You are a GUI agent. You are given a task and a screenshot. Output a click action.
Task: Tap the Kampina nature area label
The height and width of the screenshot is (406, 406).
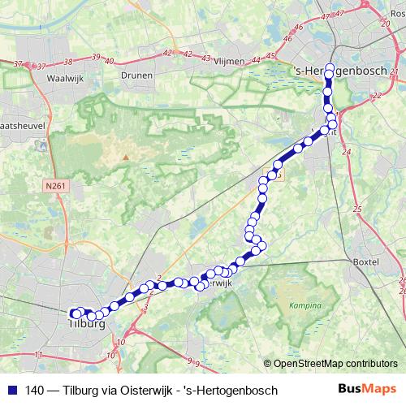(x=304, y=307)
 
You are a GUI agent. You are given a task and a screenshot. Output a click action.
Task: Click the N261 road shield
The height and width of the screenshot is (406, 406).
(x=54, y=185)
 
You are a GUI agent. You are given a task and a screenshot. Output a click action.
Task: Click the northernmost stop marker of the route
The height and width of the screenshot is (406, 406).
(x=330, y=68)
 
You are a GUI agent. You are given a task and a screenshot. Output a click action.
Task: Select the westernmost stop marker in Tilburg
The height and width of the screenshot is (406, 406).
(x=73, y=313)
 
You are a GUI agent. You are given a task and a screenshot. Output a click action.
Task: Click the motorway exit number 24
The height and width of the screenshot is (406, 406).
(x=347, y=152)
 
